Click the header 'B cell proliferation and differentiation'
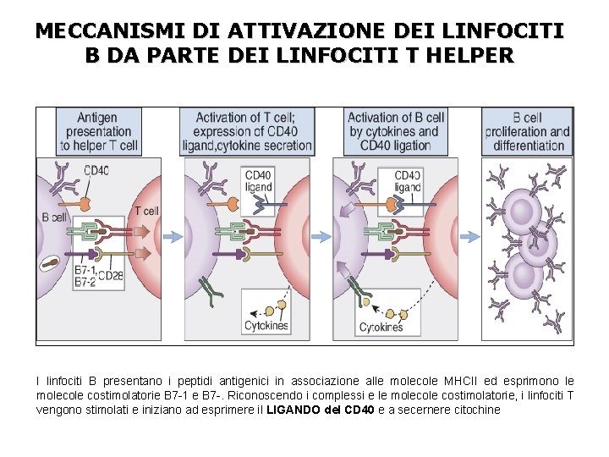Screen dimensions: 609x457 coord(528,131)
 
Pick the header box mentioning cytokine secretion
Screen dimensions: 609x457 coord(247,131)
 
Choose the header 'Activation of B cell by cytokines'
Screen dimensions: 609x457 coord(396,131)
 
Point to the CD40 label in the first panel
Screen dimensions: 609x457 coord(96,170)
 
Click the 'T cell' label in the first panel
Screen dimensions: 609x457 coord(146,210)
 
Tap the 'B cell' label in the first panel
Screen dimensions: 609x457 coord(54,217)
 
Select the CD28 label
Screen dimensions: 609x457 coord(110,275)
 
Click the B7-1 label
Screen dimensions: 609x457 coord(85,271)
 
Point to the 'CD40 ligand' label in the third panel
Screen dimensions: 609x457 coord(407,181)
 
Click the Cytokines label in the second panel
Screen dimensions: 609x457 coord(266,326)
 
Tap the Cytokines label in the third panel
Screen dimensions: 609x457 coord(381,327)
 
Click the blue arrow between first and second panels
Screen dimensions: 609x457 coord(171,238)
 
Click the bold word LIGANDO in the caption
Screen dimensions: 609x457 coord(295,410)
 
